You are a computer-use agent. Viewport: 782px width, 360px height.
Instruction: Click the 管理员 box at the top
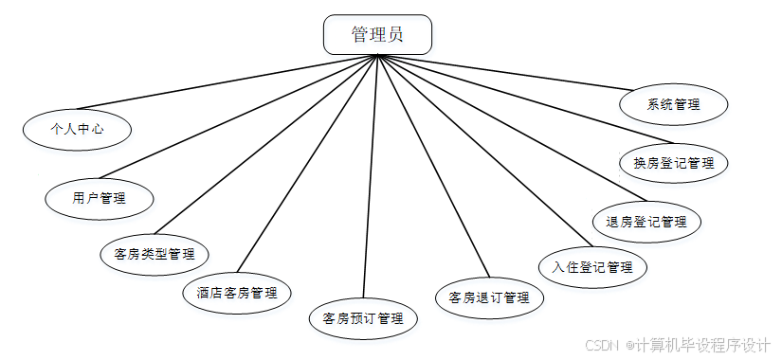click(378, 35)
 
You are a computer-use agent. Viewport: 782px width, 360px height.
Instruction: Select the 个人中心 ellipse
click(77, 128)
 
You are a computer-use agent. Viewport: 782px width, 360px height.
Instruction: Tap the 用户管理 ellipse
click(100, 198)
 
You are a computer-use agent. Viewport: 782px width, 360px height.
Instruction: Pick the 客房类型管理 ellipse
click(154, 254)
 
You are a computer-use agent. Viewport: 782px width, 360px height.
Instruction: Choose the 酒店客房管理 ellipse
click(237, 293)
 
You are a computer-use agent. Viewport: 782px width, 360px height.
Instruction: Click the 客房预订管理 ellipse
click(363, 318)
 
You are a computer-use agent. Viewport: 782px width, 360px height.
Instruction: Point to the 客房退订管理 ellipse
click(489, 297)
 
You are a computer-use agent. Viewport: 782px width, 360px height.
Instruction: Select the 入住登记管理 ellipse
click(592, 267)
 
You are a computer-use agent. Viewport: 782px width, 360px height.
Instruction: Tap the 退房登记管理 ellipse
click(646, 222)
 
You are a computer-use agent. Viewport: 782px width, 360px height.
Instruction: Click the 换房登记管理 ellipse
click(674, 163)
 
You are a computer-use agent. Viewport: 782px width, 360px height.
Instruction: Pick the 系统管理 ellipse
click(673, 104)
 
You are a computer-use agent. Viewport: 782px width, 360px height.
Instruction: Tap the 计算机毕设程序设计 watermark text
click(702, 345)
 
